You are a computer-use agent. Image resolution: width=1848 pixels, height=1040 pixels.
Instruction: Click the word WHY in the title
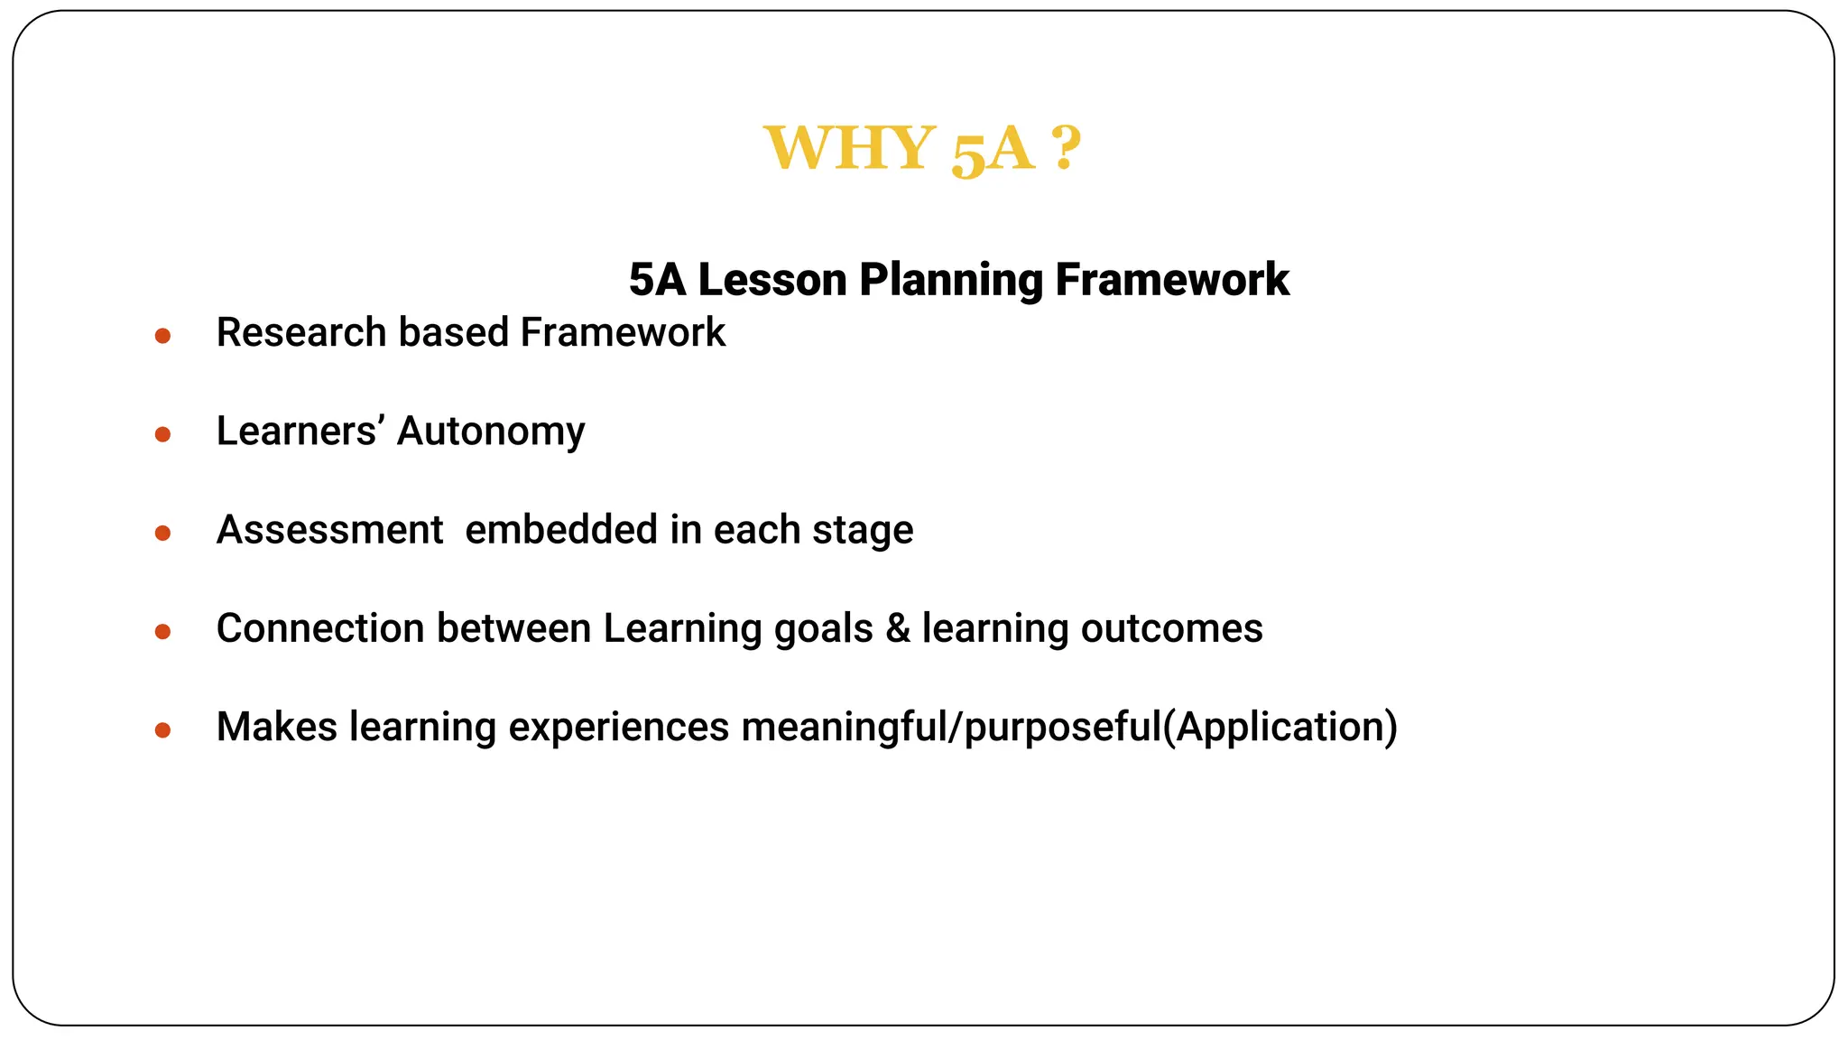click(848, 149)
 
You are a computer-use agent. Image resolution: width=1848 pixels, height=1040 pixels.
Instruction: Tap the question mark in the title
click(1066, 149)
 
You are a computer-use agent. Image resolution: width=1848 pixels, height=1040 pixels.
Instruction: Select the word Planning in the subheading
click(950, 281)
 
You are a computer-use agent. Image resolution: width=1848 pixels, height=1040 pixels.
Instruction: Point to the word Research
click(301, 333)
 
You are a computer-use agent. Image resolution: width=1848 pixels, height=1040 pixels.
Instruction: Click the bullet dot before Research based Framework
click(162, 337)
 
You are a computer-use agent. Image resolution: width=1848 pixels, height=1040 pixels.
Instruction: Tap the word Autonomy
click(491, 432)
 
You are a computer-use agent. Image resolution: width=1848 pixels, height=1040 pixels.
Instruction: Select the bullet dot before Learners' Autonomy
click(162, 435)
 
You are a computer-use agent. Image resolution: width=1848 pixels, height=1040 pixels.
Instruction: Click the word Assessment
click(329, 530)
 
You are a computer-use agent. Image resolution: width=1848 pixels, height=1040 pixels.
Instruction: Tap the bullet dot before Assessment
click(162, 534)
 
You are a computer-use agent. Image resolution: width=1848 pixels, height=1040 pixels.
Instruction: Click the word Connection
click(320, 628)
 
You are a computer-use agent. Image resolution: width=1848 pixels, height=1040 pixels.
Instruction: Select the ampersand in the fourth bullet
click(897, 628)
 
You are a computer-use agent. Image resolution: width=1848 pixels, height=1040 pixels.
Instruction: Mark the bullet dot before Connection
click(162, 632)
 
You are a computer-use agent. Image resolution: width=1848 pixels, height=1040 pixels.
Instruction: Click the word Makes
click(276, 727)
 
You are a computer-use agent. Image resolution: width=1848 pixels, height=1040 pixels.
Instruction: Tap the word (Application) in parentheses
click(1280, 728)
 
